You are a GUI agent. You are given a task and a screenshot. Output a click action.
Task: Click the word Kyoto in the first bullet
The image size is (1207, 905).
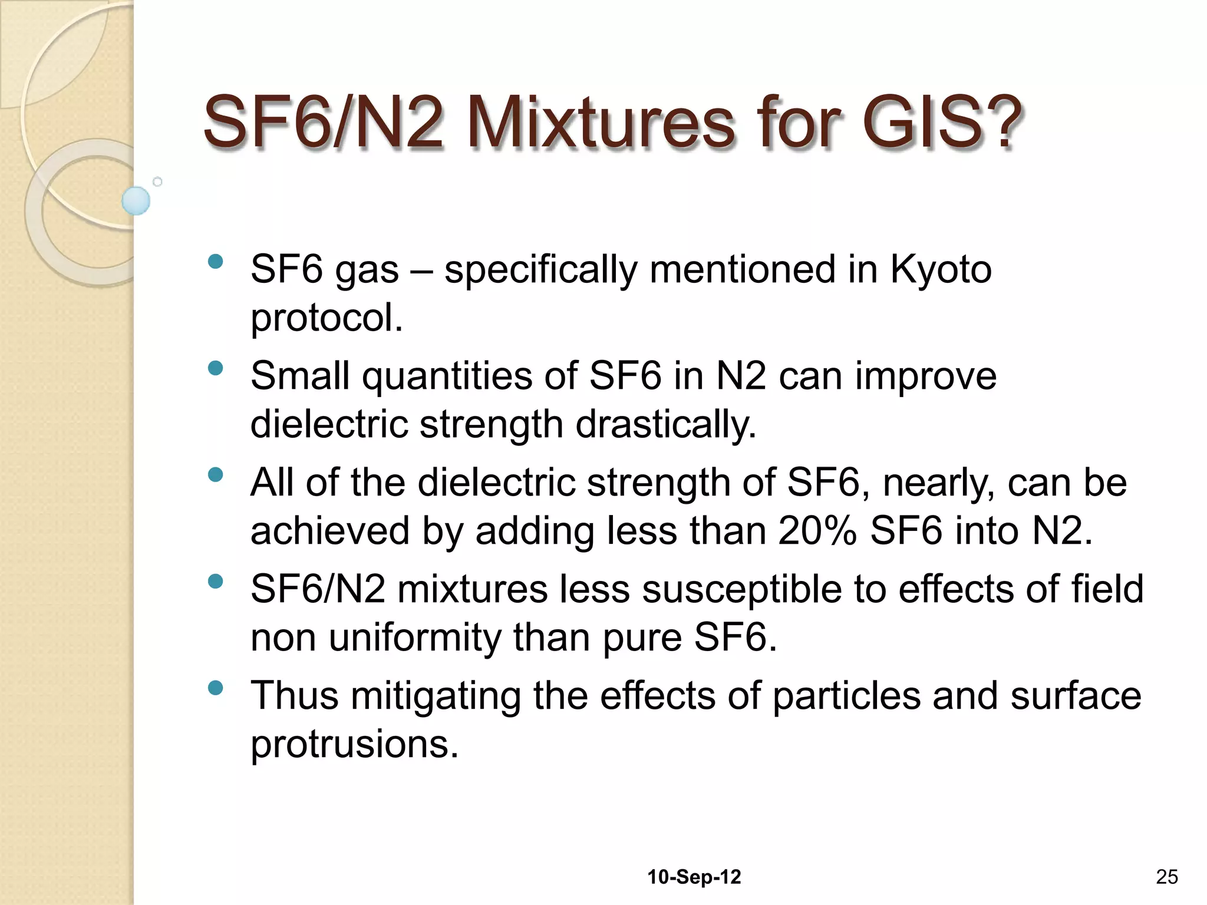(x=941, y=270)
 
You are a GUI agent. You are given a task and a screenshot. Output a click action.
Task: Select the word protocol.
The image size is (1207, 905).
(x=327, y=318)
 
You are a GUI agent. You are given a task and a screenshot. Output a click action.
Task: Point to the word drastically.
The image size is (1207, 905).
(x=665, y=424)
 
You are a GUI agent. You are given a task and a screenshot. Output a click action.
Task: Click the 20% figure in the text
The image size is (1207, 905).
(x=817, y=530)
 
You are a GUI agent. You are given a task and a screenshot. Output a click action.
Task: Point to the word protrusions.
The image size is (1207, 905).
(x=354, y=744)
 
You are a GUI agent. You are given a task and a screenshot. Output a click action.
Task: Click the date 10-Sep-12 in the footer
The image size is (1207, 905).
(x=694, y=877)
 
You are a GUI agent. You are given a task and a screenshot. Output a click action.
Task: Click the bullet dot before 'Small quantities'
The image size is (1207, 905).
(x=216, y=369)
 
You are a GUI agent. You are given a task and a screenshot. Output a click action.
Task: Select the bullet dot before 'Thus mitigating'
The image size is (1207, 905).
(x=216, y=688)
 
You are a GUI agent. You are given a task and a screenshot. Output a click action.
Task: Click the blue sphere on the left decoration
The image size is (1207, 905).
(x=136, y=200)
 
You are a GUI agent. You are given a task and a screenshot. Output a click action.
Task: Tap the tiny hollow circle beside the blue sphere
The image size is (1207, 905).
(x=157, y=181)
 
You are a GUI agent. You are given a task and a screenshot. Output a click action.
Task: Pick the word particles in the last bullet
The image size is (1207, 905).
(x=846, y=696)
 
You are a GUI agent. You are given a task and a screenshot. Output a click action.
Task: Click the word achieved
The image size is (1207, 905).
(x=329, y=530)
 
